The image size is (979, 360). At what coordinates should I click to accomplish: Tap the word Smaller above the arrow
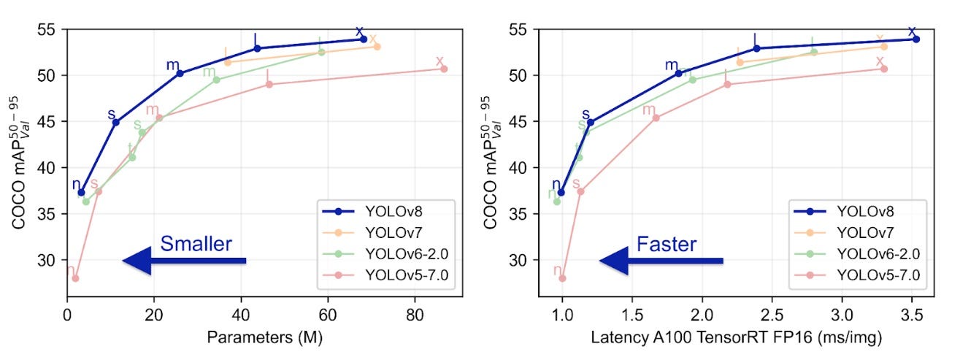[196, 244]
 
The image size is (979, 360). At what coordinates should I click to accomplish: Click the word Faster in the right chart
[667, 244]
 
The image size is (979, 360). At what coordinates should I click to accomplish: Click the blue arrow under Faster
[661, 261]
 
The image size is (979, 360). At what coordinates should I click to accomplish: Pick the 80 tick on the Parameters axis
[415, 318]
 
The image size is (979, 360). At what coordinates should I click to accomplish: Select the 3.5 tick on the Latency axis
[912, 318]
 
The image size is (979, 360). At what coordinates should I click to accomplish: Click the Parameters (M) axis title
[264, 338]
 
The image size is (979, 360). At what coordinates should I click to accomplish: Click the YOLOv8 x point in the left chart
[364, 39]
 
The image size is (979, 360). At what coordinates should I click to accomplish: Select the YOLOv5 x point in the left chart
[444, 69]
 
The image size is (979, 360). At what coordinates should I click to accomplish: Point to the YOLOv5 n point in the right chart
[562, 278]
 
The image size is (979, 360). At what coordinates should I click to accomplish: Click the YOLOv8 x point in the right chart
[916, 39]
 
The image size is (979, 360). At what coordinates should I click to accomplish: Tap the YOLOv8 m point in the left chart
[180, 73]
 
